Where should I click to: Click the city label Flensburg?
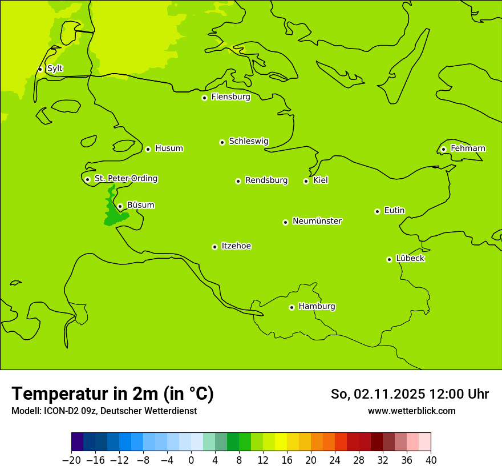tap(230, 97)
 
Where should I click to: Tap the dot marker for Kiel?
tap(306, 181)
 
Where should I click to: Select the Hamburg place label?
tap(317, 307)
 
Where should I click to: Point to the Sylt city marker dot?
tap(40, 69)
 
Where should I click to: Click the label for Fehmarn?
tap(468, 148)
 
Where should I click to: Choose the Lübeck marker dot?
tap(389, 259)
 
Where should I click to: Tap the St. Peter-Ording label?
tap(125, 179)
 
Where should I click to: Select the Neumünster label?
tap(317, 221)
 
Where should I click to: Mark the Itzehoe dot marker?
tap(214, 247)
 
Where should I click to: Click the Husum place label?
tap(169, 148)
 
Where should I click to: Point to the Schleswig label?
tap(248, 141)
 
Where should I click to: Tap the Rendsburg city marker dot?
tap(238, 181)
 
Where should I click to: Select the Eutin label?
tap(394, 211)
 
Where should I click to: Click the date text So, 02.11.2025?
tap(378, 394)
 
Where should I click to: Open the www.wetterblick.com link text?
tap(411, 411)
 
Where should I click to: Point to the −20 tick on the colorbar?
tap(71, 460)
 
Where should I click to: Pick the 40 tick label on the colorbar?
tap(431, 460)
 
